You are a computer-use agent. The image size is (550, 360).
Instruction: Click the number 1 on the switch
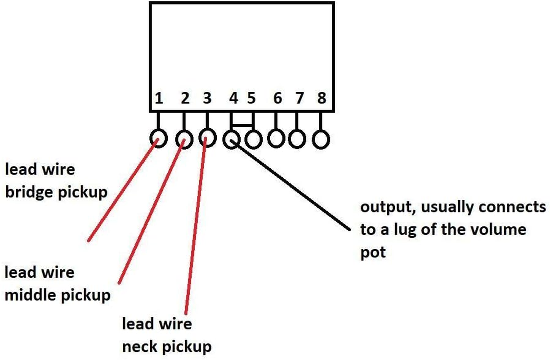(159, 98)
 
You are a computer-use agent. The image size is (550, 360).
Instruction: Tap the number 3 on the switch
(207, 98)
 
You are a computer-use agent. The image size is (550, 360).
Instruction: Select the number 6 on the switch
(277, 98)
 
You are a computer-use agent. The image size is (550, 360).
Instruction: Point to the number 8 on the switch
(321, 98)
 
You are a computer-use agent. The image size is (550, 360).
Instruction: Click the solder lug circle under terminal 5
(254, 139)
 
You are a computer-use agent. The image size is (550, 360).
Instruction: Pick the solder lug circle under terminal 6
(276, 139)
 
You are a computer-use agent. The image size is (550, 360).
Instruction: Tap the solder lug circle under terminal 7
(297, 139)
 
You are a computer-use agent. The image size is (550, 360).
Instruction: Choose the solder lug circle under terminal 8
(320, 139)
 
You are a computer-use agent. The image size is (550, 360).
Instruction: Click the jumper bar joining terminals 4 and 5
(242, 124)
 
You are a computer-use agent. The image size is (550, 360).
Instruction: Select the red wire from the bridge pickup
(121, 191)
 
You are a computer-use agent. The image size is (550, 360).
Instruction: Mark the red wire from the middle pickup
(151, 211)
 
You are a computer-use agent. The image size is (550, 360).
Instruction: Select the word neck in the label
(140, 347)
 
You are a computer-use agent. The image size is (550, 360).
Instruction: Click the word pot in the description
(373, 252)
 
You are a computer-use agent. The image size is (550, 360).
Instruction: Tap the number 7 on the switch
(299, 98)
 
